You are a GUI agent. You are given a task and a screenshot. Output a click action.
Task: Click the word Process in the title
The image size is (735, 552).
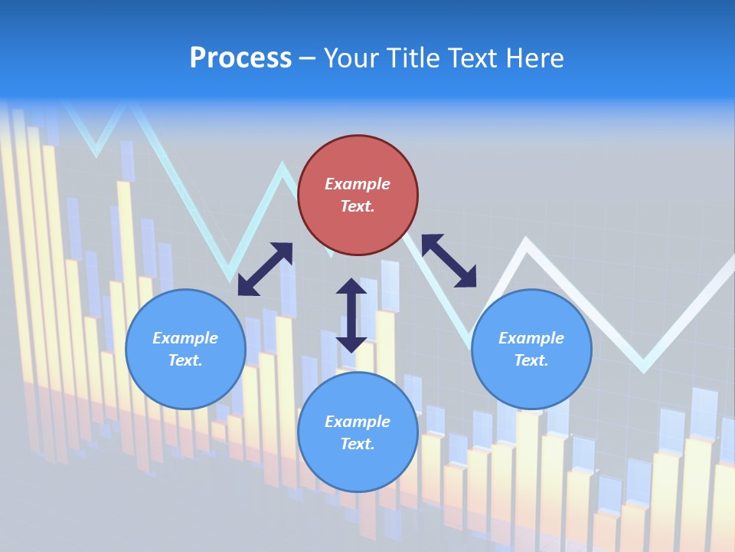point(240,58)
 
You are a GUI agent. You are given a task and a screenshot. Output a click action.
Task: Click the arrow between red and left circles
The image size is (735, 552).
point(265,269)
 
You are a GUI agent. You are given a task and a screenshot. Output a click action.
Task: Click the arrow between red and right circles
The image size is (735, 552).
point(449,261)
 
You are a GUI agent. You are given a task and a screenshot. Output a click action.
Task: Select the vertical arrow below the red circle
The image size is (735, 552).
point(351,315)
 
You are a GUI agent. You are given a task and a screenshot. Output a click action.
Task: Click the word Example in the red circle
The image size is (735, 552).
point(358,184)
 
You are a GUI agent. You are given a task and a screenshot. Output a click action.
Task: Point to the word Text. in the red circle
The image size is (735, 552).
point(358,206)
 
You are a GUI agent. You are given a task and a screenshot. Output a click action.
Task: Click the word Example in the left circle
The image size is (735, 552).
point(185,338)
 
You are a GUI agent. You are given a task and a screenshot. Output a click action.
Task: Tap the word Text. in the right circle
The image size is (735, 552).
point(531,360)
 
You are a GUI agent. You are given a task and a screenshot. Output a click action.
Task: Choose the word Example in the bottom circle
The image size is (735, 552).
point(358,422)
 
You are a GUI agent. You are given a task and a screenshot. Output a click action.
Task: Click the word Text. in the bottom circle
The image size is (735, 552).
point(358,444)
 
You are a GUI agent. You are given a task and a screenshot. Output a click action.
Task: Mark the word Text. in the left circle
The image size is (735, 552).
point(185,360)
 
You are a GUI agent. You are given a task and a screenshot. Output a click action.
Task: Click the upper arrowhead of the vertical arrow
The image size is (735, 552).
point(351,287)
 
